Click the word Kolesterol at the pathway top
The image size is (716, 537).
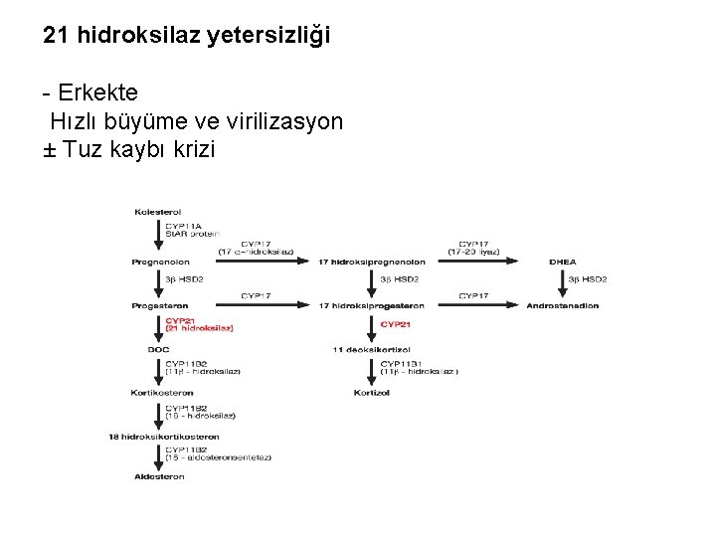click(157, 212)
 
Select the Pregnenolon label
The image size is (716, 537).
click(159, 262)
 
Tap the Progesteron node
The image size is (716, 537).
click(159, 305)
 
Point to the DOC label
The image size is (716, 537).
click(159, 349)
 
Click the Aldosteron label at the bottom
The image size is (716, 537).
click(159, 476)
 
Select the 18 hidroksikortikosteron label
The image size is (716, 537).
click(164, 437)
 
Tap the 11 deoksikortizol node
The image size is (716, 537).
click(371, 349)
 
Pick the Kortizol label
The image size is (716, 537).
click(371, 393)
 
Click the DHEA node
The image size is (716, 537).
click(562, 262)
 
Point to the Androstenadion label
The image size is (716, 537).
click(562, 305)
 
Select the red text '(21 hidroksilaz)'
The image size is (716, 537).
click(199, 329)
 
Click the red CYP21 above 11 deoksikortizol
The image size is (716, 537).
click(396, 324)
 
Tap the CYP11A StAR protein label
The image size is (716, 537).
click(191, 230)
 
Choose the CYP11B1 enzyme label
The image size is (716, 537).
click(403, 364)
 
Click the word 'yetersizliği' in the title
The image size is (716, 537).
click(269, 37)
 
